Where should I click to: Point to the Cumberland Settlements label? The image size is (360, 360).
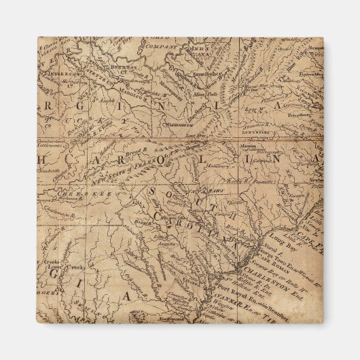[x=48, y=144]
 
